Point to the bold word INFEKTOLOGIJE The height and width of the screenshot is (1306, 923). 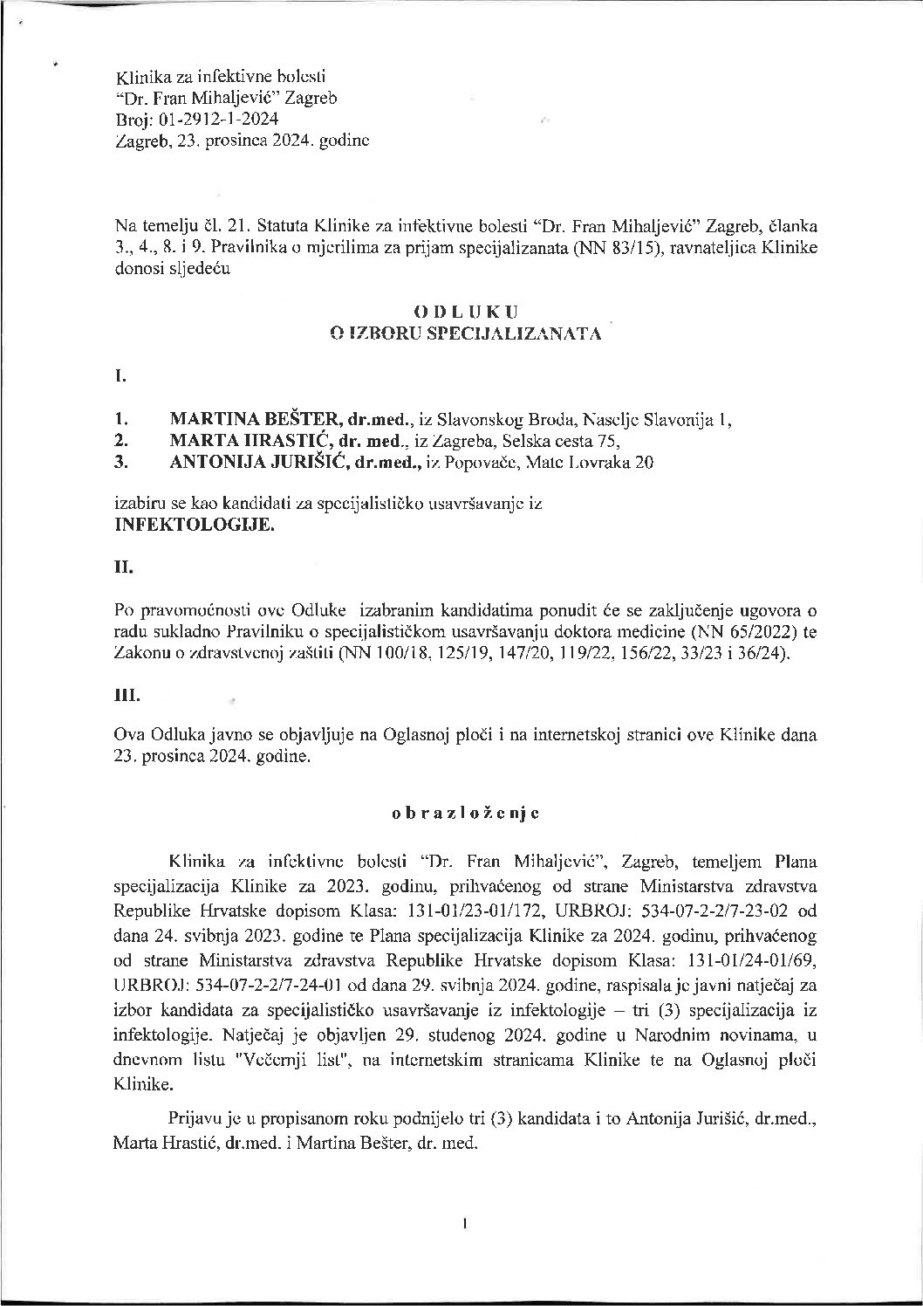click(195, 526)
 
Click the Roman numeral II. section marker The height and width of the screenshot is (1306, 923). click(123, 567)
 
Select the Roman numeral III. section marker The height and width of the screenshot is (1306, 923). click(126, 696)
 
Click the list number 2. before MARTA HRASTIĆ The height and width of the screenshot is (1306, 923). click(122, 441)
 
